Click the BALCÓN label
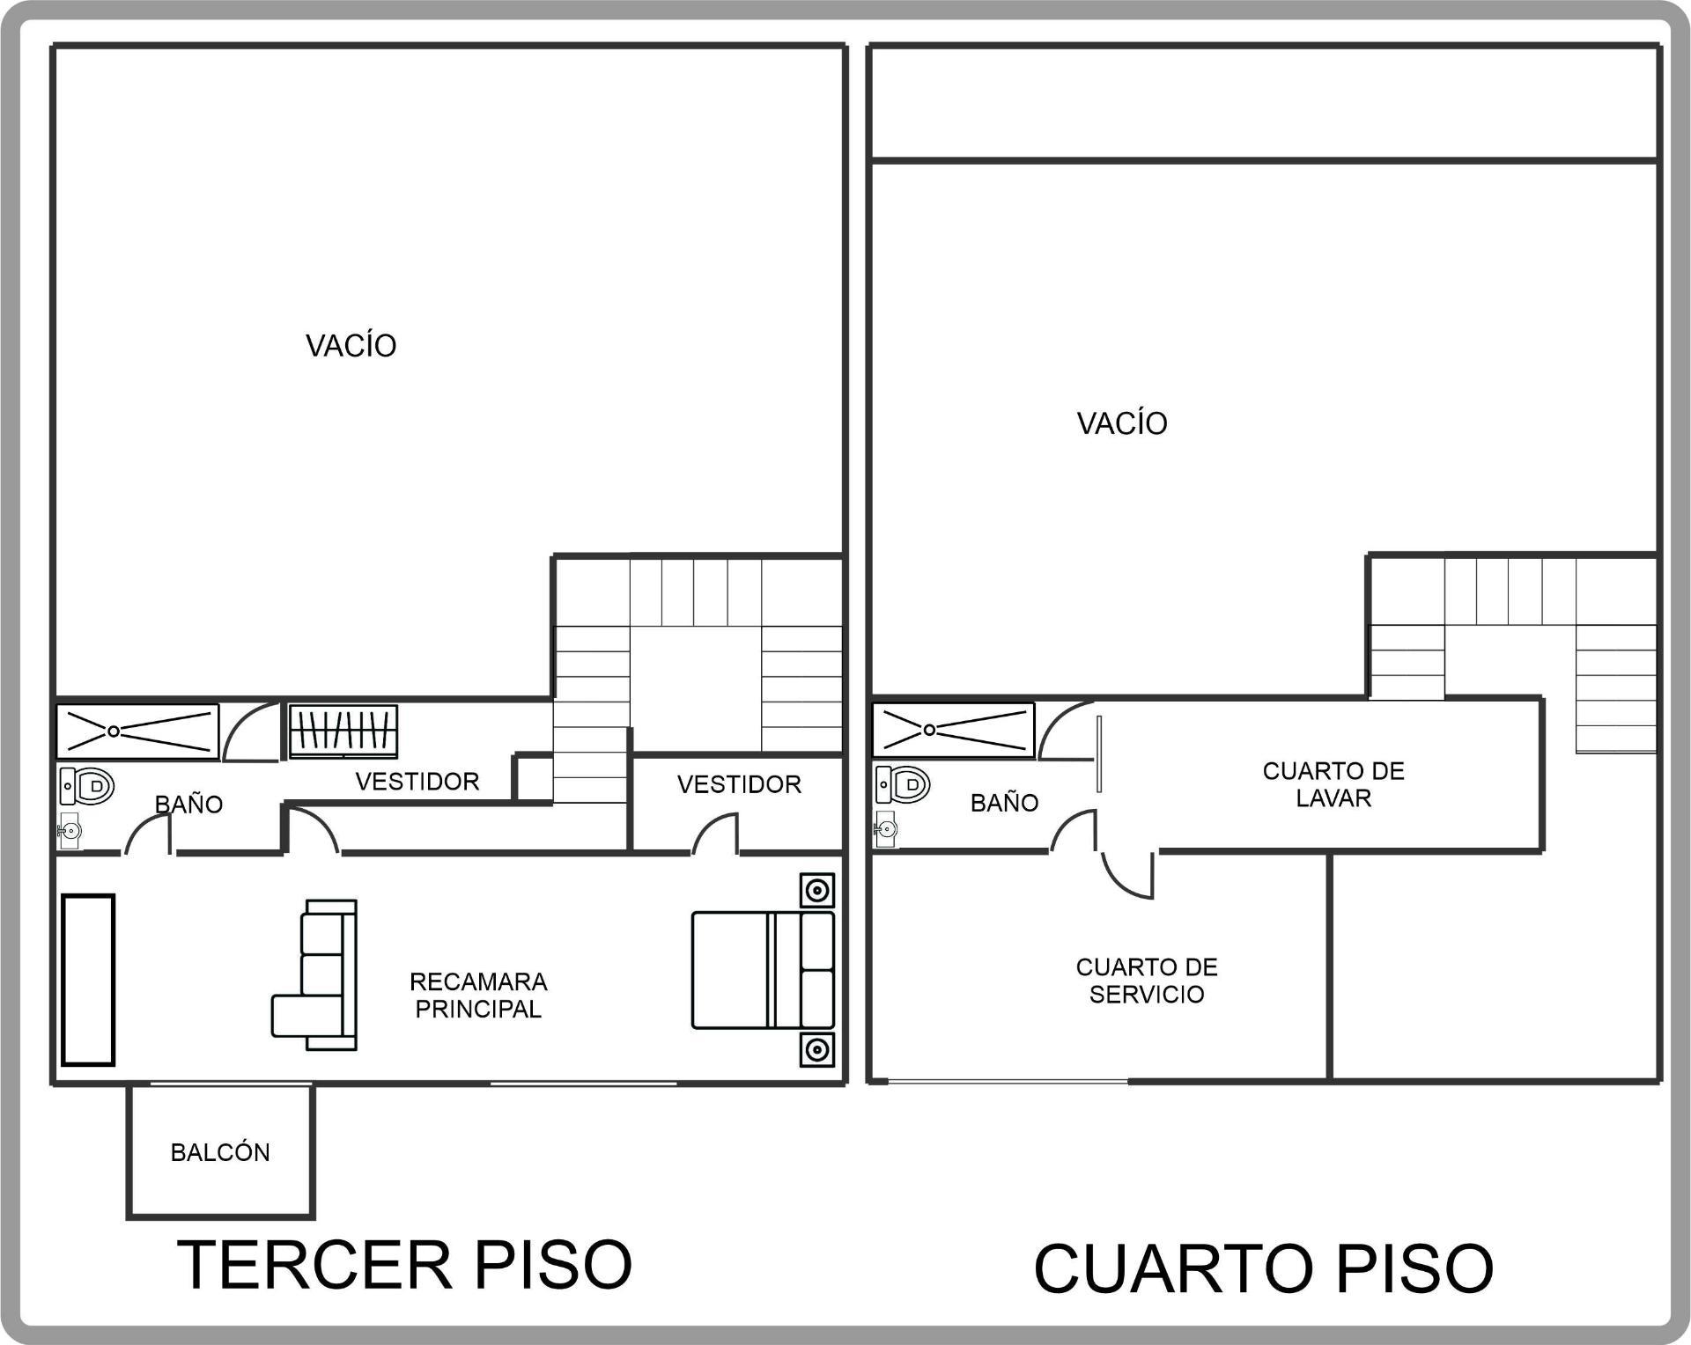point(220,1152)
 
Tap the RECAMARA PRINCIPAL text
point(478,996)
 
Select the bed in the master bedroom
point(763,970)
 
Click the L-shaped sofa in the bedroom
point(314,974)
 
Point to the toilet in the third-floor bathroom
point(87,785)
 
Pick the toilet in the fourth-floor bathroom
point(903,783)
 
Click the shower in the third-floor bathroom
point(137,731)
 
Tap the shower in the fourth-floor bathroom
point(953,730)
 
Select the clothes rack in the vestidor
point(343,731)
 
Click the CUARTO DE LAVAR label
point(1333,784)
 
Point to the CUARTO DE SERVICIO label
point(1147,981)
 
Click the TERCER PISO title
point(404,1265)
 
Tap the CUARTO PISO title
point(1263,1268)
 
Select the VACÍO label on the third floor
point(351,345)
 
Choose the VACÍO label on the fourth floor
point(1122,423)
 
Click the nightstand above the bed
point(817,891)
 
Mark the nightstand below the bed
point(817,1049)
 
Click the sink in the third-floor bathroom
point(70,830)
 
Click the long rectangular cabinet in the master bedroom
point(88,980)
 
